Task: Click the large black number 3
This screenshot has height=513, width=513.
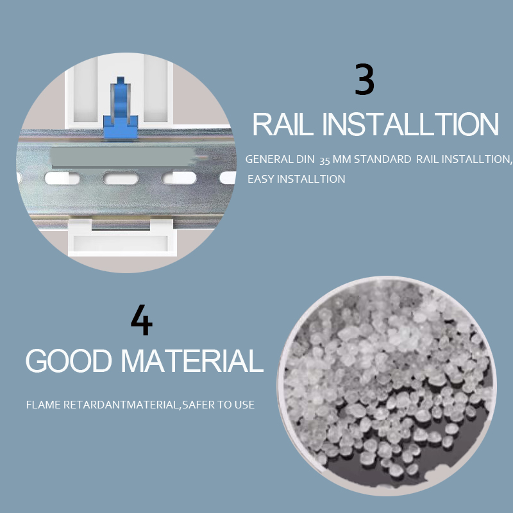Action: pos(364,79)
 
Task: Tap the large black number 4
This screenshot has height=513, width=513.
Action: pos(142,320)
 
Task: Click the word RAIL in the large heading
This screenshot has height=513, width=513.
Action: pos(283,124)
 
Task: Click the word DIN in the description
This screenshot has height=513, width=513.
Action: pos(305,159)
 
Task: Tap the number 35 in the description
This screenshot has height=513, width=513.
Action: pos(324,160)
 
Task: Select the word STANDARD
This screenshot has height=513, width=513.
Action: pos(382,159)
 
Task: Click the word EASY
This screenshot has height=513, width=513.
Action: pos(261,179)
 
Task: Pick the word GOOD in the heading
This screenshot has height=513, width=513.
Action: pos(69,360)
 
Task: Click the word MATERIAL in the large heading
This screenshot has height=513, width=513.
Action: pos(192,360)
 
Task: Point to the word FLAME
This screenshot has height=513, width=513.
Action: pos(44,405)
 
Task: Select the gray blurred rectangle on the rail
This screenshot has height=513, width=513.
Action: pos(122,157)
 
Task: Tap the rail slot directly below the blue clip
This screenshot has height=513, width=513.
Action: pos(121,178)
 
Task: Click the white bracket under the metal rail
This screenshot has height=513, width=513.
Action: pos(122,238)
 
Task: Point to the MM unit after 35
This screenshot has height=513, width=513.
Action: pos(342,159)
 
